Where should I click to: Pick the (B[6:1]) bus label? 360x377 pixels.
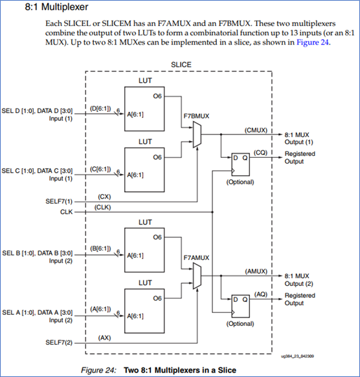click(x=102, y=248)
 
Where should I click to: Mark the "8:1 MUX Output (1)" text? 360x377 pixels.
click(x=300, y=138)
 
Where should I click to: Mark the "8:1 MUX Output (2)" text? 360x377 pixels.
click(x=300, y=280)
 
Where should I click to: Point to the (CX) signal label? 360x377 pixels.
click(x=103, y=195)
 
